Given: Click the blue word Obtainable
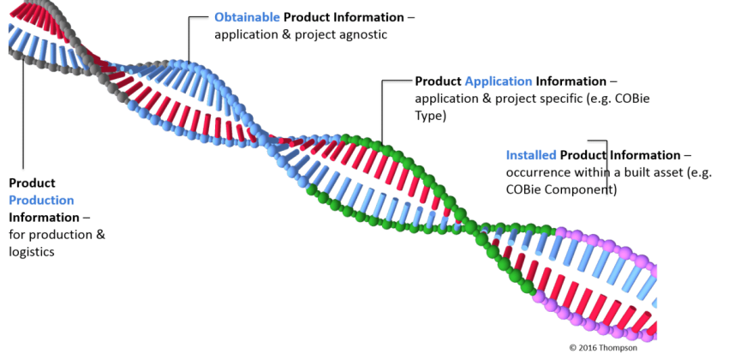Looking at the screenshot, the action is click(x=247, y=17).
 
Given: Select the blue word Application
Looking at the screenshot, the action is click(x=499, y=82).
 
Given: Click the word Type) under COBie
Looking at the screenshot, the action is click(x=431, y=117).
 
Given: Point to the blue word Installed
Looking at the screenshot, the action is click(x=531, y=155).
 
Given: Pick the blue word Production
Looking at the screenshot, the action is click(x=41, y=201).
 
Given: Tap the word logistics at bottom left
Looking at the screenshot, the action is click(x=32, y=252).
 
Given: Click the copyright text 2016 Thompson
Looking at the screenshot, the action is click(x=607, y=347).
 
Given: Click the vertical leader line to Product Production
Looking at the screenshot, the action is click(x=23, y=112).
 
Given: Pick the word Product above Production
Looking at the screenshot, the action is click(x=32, y=183).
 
